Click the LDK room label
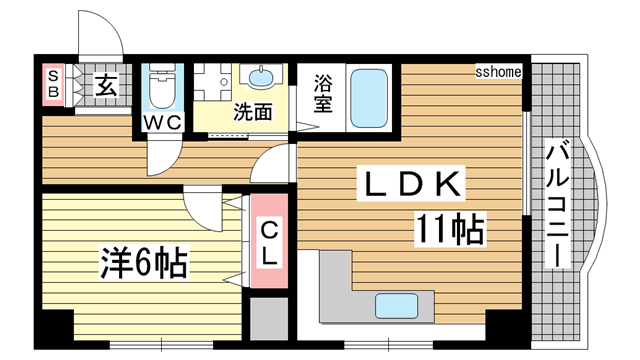coord(411,183)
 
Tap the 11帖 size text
coord(450,229)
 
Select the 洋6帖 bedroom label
coord(144,262)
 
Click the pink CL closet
coord(269,241)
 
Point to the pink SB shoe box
coord(53,85)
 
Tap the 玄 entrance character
coord(106,85)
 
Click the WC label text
coord(163,122)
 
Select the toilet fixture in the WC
coord(162,86)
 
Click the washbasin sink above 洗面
coord(261,76)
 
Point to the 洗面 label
coord(252,111)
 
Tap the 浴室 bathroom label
coord(322,94)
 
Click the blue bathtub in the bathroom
coord(369,98)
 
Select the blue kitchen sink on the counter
coord(396,306)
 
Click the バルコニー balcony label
coord(557,203)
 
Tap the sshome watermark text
coord(498,72)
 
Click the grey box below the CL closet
coord(269,319)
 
